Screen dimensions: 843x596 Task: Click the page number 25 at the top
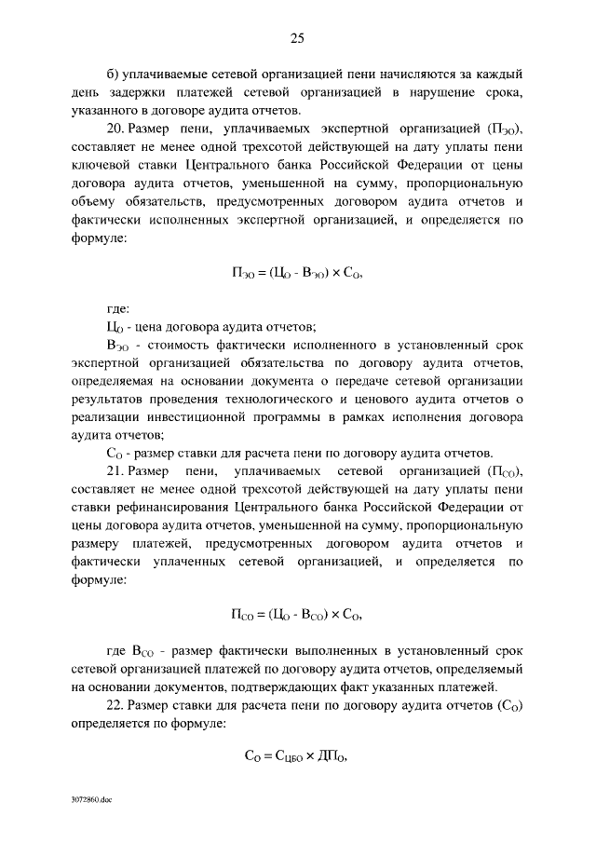click(297, 37)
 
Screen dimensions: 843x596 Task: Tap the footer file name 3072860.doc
click(90, 800)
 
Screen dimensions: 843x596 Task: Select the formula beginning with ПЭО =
click(297, 274)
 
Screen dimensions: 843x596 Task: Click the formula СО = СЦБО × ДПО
click(297, 757)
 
